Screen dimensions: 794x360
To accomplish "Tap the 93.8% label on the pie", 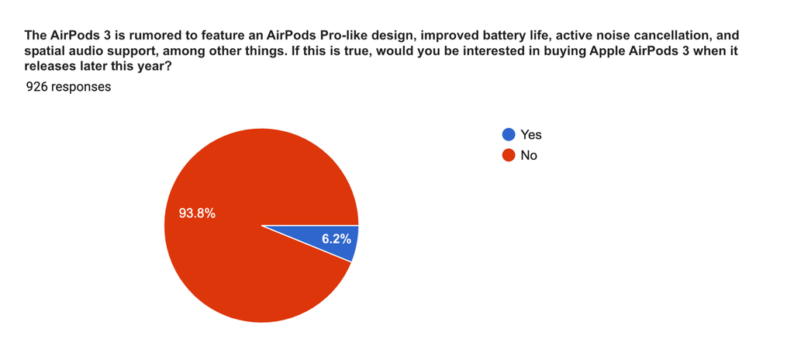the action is [x=197, y=214].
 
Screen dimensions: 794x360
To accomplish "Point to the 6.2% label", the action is [x=337, y=239].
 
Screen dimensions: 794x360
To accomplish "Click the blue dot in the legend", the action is [x=509, y=134].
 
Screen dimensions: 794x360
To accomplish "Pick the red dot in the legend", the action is [x=509, y=155].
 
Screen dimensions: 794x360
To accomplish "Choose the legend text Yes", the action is [x=531, y=135].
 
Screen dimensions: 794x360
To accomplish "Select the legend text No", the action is [x=529, y=156].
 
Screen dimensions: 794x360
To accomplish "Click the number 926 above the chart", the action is [x=36, y=87].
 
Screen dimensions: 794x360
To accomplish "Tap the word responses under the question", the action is [x=80, y=87].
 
